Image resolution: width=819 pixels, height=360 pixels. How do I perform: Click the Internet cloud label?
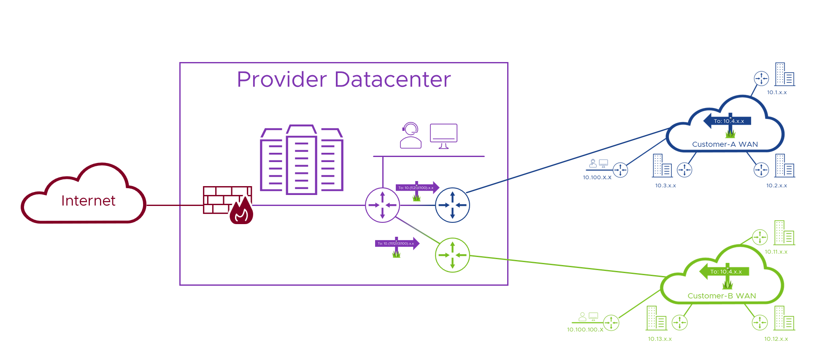[x=88, y=200]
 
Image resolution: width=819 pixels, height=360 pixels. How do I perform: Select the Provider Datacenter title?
[x=343, y=79]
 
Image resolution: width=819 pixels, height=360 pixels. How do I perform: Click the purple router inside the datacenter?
[x=382, y=205]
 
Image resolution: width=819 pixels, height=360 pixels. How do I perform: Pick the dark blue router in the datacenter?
[x=452, y=205]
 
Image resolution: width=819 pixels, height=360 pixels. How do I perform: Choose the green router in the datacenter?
[x=452, y=255]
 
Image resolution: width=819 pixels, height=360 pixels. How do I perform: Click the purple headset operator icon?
[x=411, y=135]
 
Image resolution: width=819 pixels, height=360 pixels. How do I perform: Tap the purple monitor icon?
[x=443, y=135]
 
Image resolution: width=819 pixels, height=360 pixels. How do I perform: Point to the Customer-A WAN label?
[x=725, y=144]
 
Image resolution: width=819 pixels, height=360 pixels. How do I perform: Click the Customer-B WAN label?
[x=722, y=296]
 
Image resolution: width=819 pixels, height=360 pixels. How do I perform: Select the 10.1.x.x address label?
[x=777, y=92]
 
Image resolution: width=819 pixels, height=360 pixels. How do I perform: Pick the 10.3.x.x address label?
[x=665, y=186]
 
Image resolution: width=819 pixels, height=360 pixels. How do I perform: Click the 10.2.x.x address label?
[x=776, y=186]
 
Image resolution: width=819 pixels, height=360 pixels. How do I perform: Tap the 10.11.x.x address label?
[x=776, y=252]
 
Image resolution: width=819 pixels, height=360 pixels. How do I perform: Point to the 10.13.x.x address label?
[x=660, y=339]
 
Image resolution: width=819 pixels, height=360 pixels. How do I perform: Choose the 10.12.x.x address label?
[x=776, y=339]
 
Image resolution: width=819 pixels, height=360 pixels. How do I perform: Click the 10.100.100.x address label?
[x=585, y=330]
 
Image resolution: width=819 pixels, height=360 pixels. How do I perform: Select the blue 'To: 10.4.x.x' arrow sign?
[x=727, y=121]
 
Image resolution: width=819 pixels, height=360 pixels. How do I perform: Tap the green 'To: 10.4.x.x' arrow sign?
[x=724, y=271]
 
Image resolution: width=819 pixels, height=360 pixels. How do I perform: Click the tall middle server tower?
[x=301, y=160]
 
